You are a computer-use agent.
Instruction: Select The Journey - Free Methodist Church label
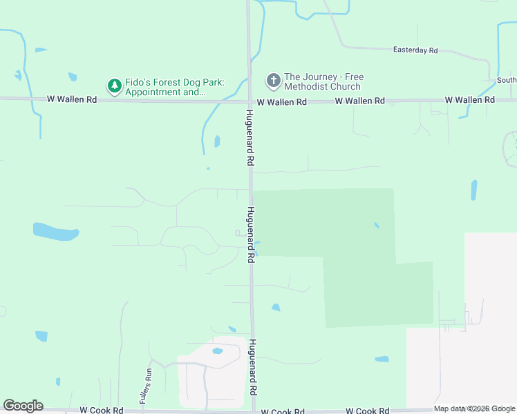pyautogui.click(x=323, y=81)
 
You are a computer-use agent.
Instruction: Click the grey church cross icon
pyautogui.click(x=273, y=81)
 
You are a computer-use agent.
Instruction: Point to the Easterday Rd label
pyautogui.click(x=415, y=50)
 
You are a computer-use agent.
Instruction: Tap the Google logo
pyautogui.click(x=23, y=406)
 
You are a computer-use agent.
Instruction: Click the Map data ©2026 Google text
pyautogui.click(x=475, y=409)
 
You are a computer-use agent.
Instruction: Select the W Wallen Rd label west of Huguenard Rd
pyautogui.click(x=72, y=99)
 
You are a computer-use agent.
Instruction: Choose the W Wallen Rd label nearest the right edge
pyautogui.click(x=470, y=100)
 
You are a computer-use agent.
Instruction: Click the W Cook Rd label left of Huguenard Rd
pyautogui.click(x=101, y=410)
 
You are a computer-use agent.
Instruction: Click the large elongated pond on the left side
pyautogui.click(x=56, y=232)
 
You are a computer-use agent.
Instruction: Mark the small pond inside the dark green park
pyautogui.click(x=376, y=225)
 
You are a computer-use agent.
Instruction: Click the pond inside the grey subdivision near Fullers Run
pyautogui.click(x=217, y=351)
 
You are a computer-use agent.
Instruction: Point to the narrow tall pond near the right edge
pyautogui.click(x=474, y=190)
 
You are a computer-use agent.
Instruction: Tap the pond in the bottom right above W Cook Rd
pyautogui.click(x=382, y=359)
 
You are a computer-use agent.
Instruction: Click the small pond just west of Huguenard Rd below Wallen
pyautogui.click(x=217, y=141)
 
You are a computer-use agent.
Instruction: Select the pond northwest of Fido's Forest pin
pyautogui.click(x=73, y=77)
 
